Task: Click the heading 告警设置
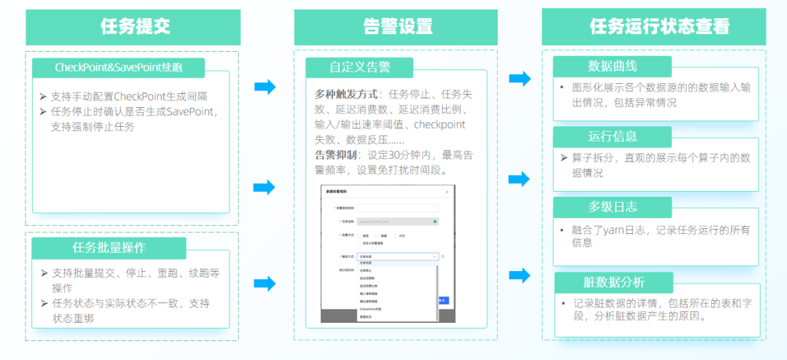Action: pyautogui.click(x=397, y=27)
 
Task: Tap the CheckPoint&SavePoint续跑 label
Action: pyautogui.click(x=119, y=68)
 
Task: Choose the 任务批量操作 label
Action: pyautogui.click(x=109, y=247)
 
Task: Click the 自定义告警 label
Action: pyautogui.click(x=359, y=68)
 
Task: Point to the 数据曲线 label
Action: pyautogui.click(x=612, y=66)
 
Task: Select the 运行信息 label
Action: pyautogui.click(x=612, y=136)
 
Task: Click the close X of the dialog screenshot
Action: pyautogui.click(x=447, y=191)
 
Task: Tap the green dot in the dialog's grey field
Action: pyautogui.click(x=435, y=221)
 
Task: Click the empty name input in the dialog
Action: pyautogui.click(x=397, y=208)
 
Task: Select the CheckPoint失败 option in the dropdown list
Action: pyautogui.click(x=370, y=309)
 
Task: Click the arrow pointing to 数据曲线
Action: pyautogui.click(x=520, y=79)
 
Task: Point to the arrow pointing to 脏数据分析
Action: pyautogui.click(x=520, y=275)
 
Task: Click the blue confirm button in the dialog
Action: pyautogui.click(x=442, y=300)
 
